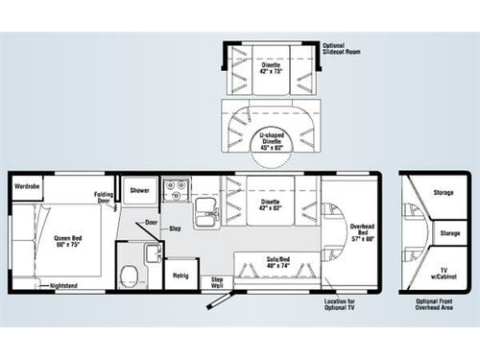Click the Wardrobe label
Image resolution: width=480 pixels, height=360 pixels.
(26, 185)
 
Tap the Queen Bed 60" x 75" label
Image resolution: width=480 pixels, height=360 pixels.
(67, 242)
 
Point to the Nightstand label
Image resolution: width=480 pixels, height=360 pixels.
(64, 285)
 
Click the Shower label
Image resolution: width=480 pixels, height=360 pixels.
(141, 190)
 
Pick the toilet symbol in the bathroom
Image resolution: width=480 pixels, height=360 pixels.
(128, 276)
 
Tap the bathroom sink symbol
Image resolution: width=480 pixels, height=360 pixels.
(151, 252)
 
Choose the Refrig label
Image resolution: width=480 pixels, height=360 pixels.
(180, 275)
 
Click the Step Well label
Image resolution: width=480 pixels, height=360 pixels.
(218, 281)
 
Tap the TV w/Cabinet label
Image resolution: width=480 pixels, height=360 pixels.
(443, 274)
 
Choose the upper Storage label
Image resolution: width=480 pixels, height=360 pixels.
(443, 193)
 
